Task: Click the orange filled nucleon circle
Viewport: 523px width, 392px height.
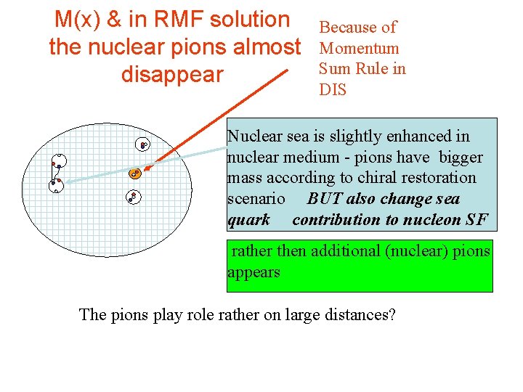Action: click(134, 173)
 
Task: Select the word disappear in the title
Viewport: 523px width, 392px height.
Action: click(173, 74)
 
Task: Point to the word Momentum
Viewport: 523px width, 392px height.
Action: click(360, 49)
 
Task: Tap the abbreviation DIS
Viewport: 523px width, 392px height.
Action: click(333, 90)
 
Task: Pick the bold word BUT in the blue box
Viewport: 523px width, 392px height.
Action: click(324, 199)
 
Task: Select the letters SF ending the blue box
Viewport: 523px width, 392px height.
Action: click(477, 219)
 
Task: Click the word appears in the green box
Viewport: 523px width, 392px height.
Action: click(254, 272)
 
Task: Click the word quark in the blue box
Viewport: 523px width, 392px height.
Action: click(248, 219)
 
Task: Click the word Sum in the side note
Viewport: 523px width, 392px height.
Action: click(333, 69)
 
